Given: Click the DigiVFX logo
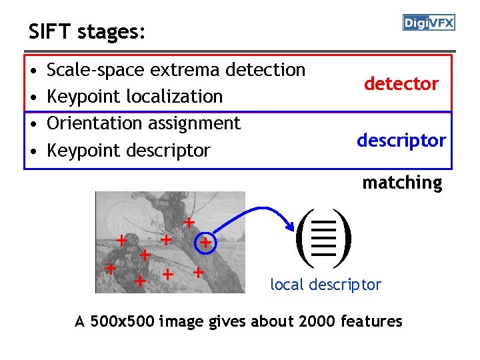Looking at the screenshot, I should tap(429, 23).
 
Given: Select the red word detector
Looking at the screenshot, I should tap(401, 84).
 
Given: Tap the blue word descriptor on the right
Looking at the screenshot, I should tap(401, 141).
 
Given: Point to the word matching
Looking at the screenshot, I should tap(402, 183).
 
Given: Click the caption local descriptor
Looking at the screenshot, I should tap(325, 285).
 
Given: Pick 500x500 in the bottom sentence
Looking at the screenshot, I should tap(115, 321).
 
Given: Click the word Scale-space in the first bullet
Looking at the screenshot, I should tap(96, 70).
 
